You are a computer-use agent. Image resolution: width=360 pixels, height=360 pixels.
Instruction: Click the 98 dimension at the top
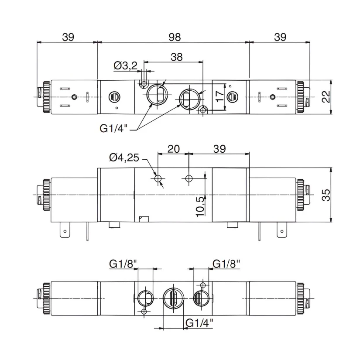click(x=175, y=37)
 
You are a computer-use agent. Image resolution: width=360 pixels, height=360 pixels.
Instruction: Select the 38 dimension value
click(x=177, y=57)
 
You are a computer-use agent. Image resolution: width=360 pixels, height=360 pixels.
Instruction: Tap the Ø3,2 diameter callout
click(x=126, y=65)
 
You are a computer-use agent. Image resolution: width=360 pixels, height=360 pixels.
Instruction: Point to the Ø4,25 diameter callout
click(x=124, y=158)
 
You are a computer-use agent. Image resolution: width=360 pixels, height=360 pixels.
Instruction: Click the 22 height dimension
click(x=326, y=97)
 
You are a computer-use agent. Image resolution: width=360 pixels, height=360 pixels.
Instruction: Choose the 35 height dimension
click(x=326, y=195)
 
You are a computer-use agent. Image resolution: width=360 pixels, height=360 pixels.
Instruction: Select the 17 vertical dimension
click(x=220, y=96)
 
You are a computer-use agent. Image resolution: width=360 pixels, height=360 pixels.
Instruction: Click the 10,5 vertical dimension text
click(x=200, y=206)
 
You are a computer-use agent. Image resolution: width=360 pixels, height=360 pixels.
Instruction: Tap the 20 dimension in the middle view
click(x=173, y=149)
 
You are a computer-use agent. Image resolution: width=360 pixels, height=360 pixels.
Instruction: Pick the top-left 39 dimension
click(x=68, y=37)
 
